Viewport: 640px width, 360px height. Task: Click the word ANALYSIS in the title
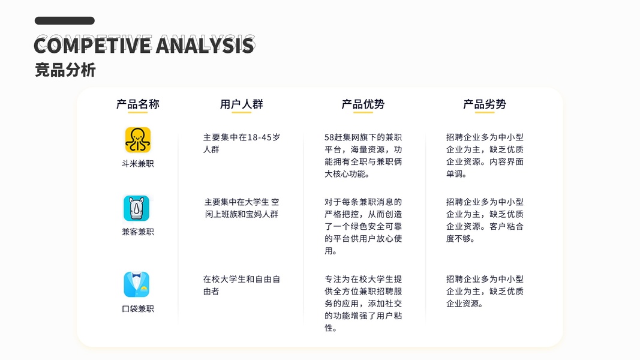coord(205,45)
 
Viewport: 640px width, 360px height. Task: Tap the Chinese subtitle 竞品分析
coord(65,70)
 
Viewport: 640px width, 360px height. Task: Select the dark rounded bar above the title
coord(65,21)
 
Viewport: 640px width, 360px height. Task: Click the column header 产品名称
coord(137,104)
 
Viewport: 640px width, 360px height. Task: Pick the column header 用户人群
coord(241,104)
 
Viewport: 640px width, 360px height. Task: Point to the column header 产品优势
coord(363,104)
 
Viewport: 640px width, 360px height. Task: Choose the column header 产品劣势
coord(485,104)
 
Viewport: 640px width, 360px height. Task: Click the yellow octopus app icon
coord(137,140)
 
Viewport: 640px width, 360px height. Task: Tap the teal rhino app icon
coord(136,208)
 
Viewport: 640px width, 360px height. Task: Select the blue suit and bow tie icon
coord(136,284)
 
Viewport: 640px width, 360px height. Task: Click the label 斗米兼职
coord(137,164)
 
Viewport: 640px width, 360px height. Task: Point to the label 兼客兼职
coord(137,232)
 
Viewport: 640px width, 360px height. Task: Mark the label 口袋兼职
coord(137,308)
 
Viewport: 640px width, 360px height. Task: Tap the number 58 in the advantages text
coord(329,137)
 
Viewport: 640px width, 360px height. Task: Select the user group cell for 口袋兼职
coord(241,286)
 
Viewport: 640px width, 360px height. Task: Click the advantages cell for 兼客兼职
coord(363,227)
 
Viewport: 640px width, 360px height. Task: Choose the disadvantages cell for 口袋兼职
coord(485,292)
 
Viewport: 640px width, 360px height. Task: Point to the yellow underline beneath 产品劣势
coord(485,112)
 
